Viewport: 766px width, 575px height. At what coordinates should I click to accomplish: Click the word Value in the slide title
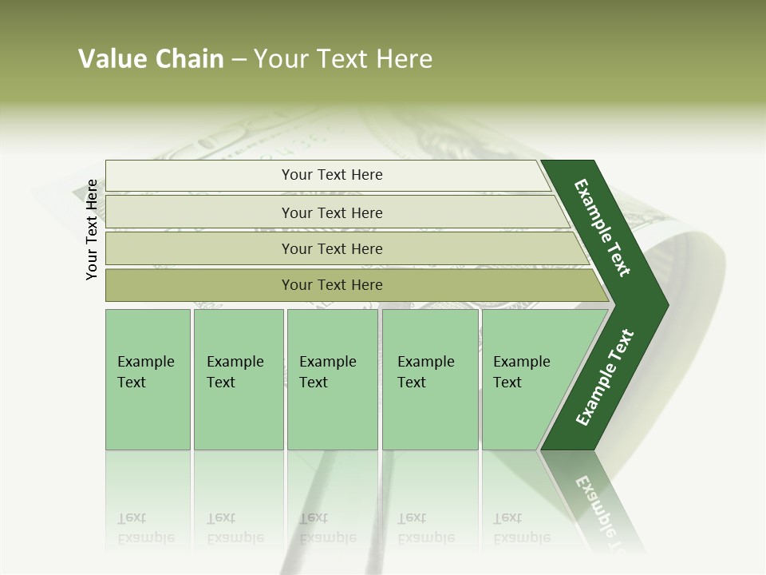tap(110, 59)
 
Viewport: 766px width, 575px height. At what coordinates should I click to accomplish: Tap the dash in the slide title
tap(239, 60)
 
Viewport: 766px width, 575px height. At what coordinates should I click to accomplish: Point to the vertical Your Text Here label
tap(92, 229)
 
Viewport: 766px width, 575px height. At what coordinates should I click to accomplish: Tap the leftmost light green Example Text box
tap(148, 379)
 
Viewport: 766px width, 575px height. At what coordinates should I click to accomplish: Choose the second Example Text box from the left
tap(238, 379)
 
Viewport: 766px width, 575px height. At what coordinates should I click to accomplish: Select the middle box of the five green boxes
tap(332, 379)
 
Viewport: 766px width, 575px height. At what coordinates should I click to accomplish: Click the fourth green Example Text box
tap(429, 379)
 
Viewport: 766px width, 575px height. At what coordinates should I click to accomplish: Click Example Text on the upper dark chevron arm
tap(602, 228)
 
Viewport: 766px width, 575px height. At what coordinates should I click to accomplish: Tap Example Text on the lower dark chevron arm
tap(604, 378)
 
